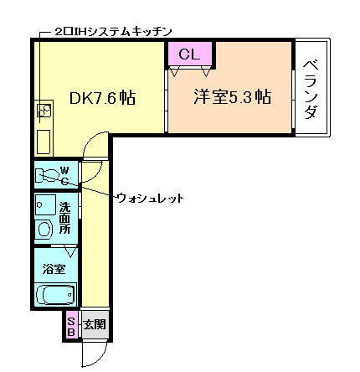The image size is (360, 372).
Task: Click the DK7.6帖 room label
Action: pyautogui.click(x=102, y=98)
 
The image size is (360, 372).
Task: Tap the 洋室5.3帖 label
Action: pyautogui.click(x=232, y=96)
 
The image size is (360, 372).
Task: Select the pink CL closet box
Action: pyautogui.click(x=190, y=54)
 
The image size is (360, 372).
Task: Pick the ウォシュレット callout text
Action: pyautogui.click(x=150, y=198)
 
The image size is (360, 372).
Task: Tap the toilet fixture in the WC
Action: pyautogui.click(x=46, y=176)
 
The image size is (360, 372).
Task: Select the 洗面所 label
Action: pyautogui.click(x=64, y=218)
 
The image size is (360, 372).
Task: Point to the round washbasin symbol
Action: pyautogui.click(x=44, y=228)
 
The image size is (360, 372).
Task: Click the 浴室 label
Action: pyautogui.click(x=54, y=270)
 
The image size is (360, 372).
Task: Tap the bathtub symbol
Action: pyautogui.click(x=55, y=295)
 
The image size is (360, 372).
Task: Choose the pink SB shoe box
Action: pyautogui.click(x=71, y=324)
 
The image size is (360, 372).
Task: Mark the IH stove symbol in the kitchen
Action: pyautogui.click(x=43, y=109)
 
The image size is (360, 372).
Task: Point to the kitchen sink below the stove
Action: pyautogui.click(x=44, y=137)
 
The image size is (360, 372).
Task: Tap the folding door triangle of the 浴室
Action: pyautogui.click(x=70, y=251)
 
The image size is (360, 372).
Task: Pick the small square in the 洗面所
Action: pyautogui.click(x=41, y=205)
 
